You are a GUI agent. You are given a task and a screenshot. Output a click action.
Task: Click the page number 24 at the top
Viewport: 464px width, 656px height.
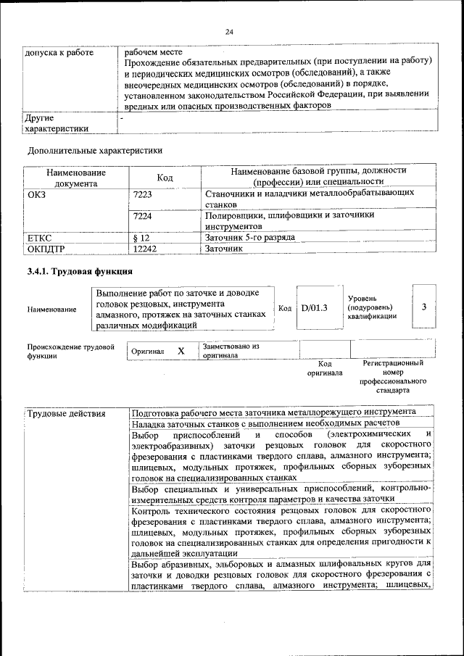(230, 32)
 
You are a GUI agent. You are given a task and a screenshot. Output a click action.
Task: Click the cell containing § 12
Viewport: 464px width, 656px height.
(141, 237)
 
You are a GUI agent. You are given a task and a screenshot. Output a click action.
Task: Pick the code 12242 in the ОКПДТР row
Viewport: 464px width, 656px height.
(146, 248)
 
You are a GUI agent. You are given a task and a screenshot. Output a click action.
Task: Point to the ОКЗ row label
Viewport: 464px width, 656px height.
(36, 194)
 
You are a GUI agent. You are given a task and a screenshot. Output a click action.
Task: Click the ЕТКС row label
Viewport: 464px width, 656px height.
(39, 237)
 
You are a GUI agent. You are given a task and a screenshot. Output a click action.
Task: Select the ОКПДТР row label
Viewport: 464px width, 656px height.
(46, 248)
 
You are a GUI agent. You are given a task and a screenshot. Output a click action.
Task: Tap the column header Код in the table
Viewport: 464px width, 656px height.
(165, 178)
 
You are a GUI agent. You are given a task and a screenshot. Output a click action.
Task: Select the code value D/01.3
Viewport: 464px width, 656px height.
(315, 308)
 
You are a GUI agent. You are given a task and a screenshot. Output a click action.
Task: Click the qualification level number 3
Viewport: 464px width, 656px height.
(423, 307)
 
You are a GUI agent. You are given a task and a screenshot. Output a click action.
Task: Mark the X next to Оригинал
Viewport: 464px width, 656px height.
(181, 351)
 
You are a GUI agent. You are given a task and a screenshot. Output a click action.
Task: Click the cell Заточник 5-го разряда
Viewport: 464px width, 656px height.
(249, 237)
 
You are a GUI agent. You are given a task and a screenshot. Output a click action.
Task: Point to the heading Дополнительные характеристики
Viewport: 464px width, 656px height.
(94, 151)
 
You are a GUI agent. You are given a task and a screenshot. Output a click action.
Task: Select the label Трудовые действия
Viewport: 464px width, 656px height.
(66, 412)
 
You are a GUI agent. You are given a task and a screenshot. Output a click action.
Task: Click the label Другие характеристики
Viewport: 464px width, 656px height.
(57, 123)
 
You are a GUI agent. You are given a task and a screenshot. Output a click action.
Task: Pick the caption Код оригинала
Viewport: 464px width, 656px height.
(325, 368)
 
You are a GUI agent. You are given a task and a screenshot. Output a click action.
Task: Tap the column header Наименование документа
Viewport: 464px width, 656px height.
(76, 178)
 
